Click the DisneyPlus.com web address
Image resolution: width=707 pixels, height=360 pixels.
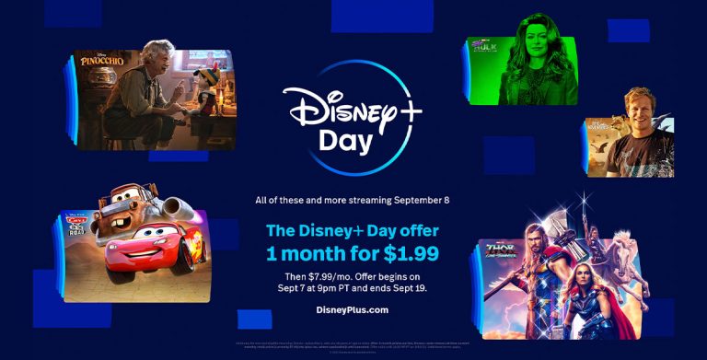[x=353, y=309]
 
